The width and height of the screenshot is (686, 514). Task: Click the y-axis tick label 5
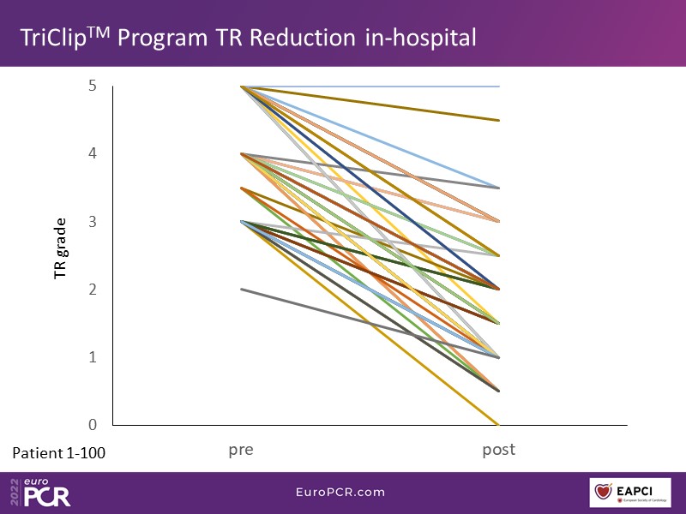(x=92, y=86)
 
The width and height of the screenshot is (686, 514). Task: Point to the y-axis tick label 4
(x=92, y=153)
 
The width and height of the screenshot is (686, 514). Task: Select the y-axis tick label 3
(x=92, y=221)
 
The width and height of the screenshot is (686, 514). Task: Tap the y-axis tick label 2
(x=92, y=289)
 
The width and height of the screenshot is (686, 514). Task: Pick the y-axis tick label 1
(x=92, y=356)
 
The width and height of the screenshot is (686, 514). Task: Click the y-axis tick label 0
(x=92, y=424)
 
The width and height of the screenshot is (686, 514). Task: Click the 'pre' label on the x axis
(x=241, y=450)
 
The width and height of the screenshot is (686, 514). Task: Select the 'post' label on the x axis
(x=498, y=449)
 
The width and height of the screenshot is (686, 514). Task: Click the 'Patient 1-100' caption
(x=59, y=453)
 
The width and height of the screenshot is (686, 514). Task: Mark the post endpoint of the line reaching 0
(x=498, y=424)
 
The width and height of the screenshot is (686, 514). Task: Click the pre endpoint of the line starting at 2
(x=242, y=289)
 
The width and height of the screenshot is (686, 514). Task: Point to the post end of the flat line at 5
(x=498, y=87)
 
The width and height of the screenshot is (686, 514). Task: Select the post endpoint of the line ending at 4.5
(x=498, y=120)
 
